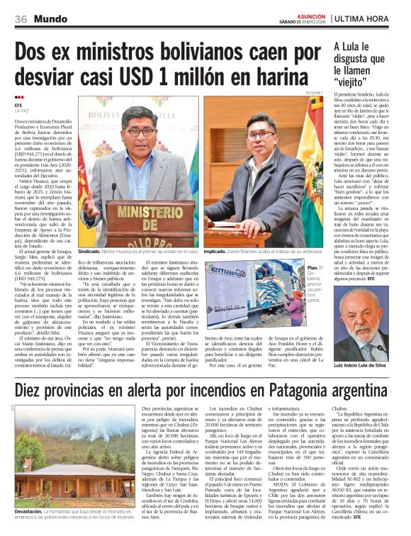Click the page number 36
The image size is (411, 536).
20,17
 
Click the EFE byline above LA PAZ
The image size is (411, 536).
18,106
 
